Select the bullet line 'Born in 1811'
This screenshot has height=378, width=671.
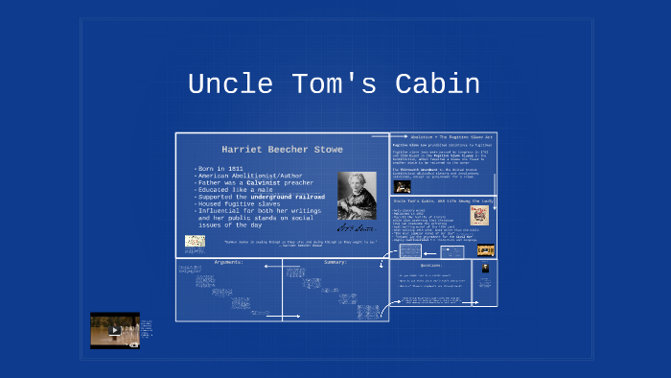[222, 169]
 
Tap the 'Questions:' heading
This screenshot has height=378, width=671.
[430, 265]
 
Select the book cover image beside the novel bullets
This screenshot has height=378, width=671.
[479, 216]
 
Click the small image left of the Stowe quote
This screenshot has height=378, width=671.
[195, 243]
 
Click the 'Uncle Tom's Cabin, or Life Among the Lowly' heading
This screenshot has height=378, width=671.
[442, 200]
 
